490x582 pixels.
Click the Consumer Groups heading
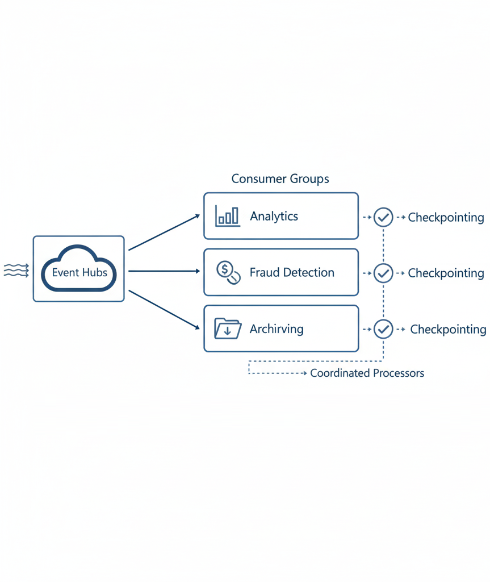pos(280,179)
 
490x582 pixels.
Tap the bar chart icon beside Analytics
pos(227,216)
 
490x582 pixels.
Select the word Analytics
pos(274,217)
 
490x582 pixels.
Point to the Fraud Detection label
pos(292,272)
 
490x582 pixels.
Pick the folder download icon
pos(228,329)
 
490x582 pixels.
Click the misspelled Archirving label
pos(277,329)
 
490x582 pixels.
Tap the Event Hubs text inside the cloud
pos(79,272)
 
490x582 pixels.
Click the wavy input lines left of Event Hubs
pos(16,270)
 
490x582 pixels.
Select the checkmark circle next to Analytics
pos(383,217)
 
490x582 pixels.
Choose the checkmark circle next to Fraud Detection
pos(383,273)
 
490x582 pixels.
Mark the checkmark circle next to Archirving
pos(383,329)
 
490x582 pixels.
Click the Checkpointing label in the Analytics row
pos(446,217)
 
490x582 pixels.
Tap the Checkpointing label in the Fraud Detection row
pos(446,273)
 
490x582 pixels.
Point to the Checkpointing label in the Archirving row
pos(448,329)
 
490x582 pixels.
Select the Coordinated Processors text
pos(367,373)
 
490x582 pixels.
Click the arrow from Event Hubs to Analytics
pos(164,232)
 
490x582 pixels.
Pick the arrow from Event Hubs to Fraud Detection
pos(164,271)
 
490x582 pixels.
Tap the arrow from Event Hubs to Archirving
pos(164,310)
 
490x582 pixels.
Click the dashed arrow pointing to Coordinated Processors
pos(278,373)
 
